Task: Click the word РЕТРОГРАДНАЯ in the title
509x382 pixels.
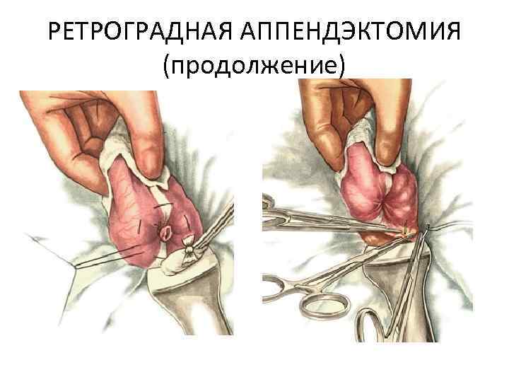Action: point(140,31)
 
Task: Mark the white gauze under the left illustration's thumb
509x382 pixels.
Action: point(130,159)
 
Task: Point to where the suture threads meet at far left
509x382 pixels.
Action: point(76,267)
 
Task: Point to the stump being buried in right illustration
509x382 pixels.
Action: point(406,231)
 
